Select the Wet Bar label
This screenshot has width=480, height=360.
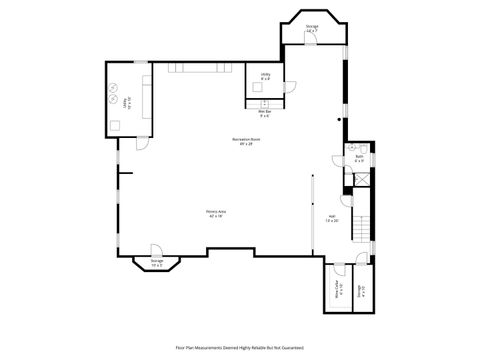[264, 112]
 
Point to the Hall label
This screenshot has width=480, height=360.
[332, 217]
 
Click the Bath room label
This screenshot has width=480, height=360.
[359, 158]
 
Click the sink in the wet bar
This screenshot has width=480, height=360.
[264, 102]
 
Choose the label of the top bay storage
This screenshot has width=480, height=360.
[312, 30]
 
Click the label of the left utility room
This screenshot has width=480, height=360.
[127, 100]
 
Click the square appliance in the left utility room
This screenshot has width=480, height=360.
[116, 125]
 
